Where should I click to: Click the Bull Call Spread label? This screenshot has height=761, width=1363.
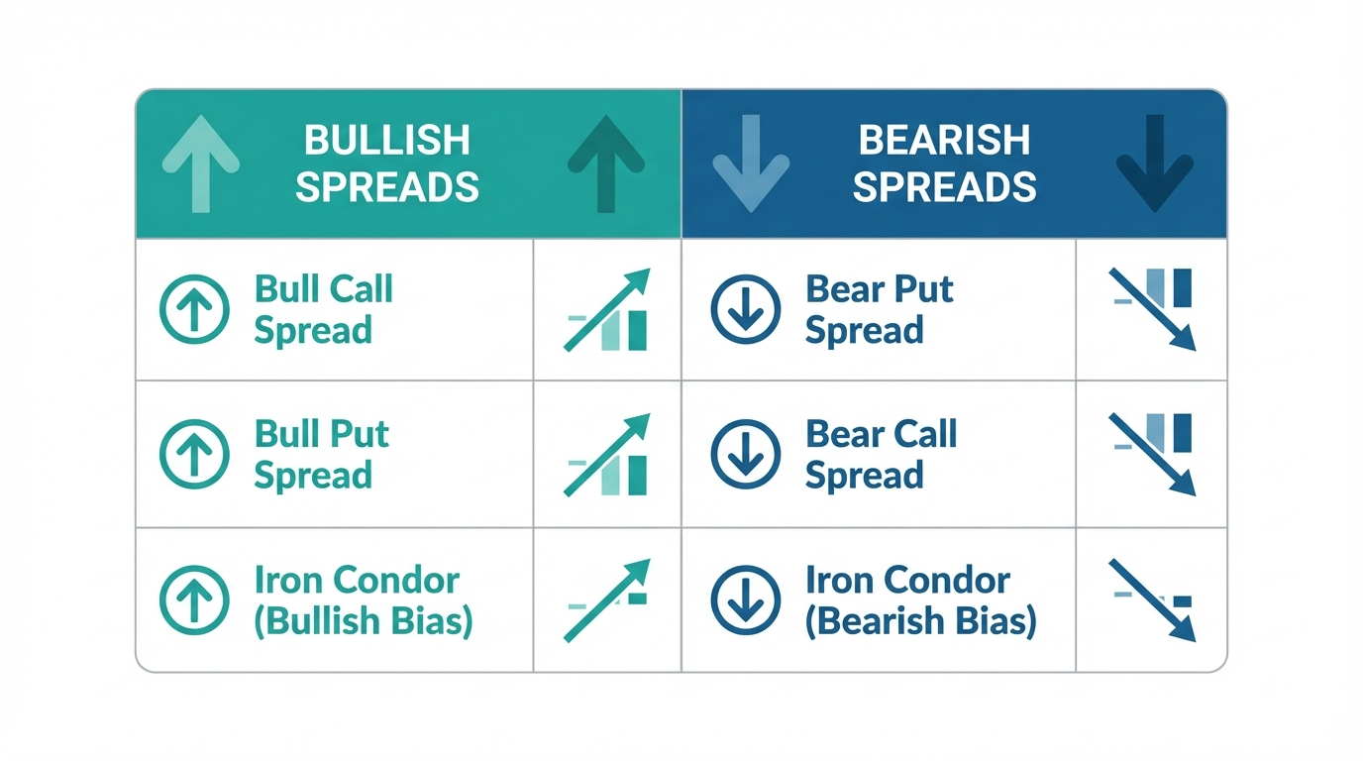point(324,309)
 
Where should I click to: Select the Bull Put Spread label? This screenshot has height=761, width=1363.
point(321,454)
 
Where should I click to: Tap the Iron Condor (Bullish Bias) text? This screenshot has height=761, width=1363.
point(364,600)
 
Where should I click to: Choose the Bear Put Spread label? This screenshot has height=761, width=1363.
point(880,309)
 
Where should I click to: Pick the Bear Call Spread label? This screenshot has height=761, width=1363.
point(881,454)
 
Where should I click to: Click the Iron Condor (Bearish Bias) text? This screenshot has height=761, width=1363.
point(920,600)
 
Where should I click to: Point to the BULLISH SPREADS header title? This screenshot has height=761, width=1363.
point(387,163)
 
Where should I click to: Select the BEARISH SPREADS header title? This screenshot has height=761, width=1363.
point(944,163)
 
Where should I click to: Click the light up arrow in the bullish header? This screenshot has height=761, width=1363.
point(201,163)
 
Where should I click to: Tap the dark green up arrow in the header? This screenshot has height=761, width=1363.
point(606,163)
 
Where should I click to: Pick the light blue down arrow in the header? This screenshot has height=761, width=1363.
point(751,163)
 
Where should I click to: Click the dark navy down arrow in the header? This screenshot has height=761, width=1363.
point(1155,163)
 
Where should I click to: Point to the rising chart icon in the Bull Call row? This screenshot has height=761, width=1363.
point(607,309)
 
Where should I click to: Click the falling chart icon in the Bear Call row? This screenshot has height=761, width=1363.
point(1152,454)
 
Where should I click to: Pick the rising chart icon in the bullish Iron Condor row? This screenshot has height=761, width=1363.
point(607,600)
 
